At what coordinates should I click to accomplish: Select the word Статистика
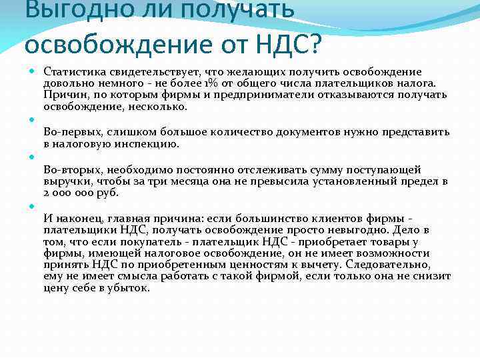point(71,71)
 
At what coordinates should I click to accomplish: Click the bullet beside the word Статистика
point(32,71)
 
